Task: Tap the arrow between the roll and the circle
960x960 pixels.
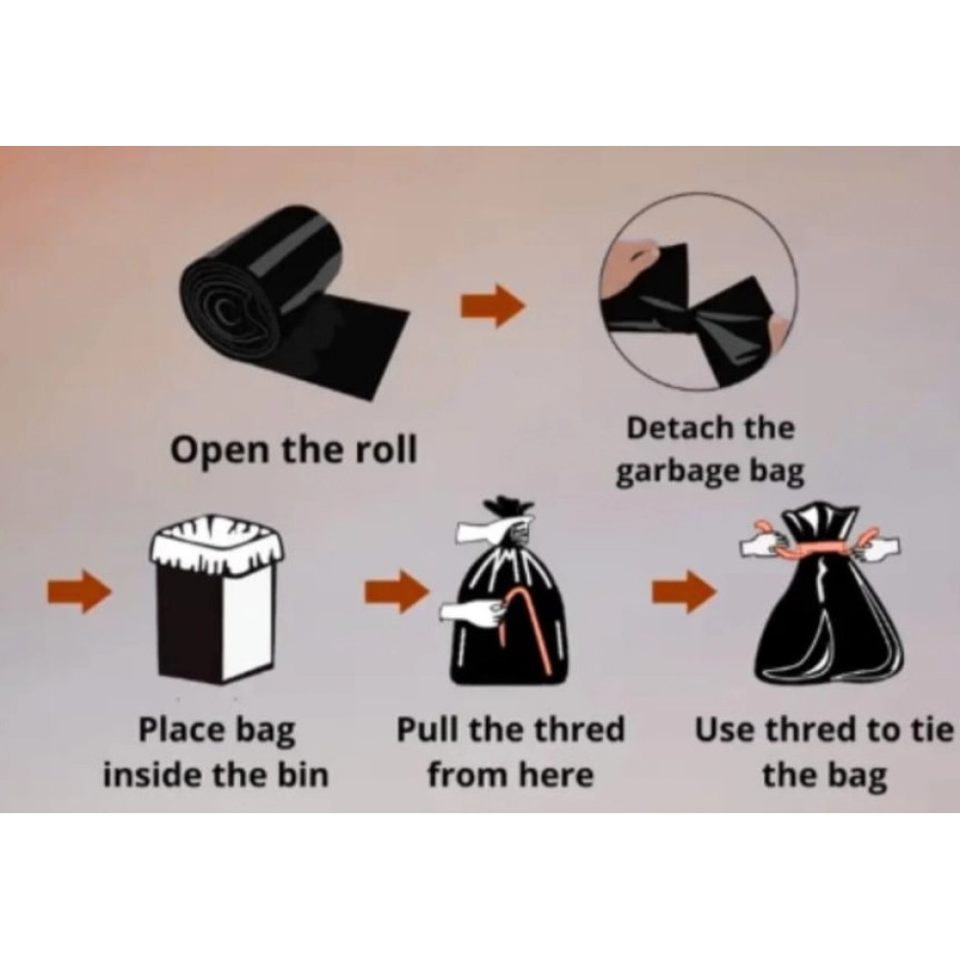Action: [493, 304]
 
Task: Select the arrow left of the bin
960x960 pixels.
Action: [80, 591]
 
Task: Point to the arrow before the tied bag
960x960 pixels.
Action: [684, 591]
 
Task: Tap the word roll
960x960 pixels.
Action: [387, 448]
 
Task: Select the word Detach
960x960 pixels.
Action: [672, 427]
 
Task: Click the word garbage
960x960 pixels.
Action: [678, 472]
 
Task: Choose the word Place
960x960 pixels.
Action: [181, 730]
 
